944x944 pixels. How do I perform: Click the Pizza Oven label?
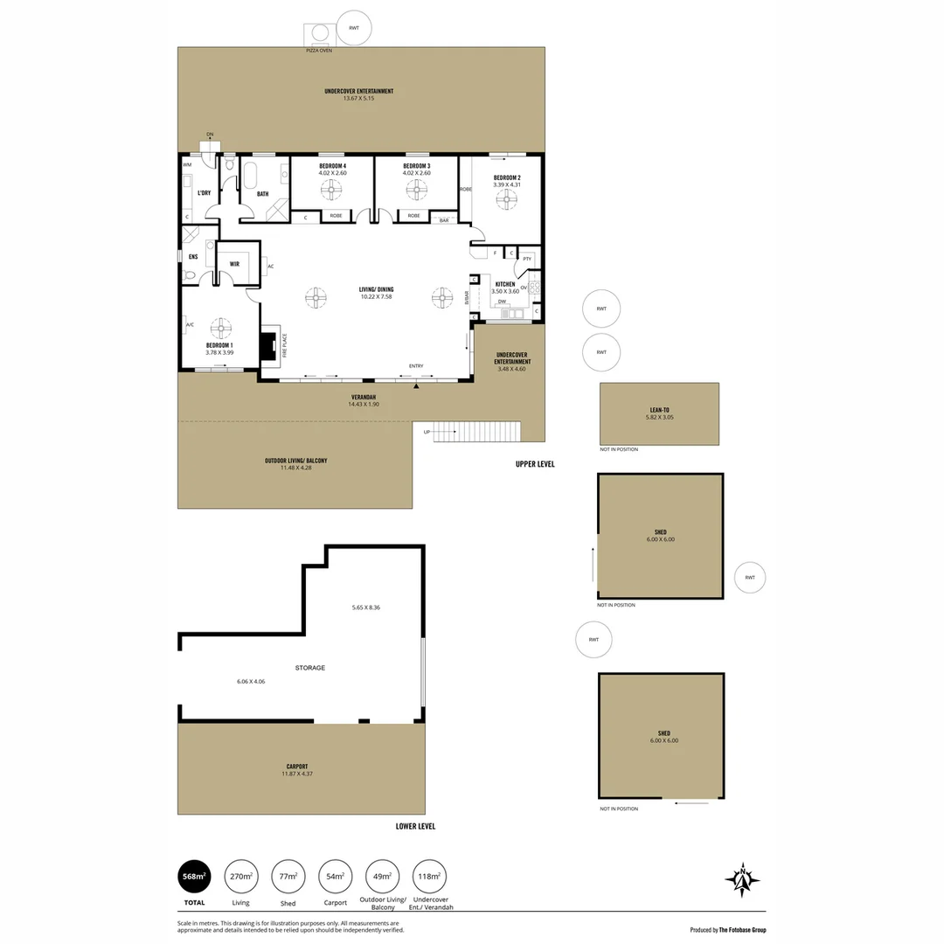pyautogui.click(x=318, y=51)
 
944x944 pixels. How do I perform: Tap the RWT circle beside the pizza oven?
pyautogui.click(x=354, y=28)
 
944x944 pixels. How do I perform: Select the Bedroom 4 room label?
pyautogui.click(x=332, y=166)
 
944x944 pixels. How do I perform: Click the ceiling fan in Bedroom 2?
pyautogui.click(x=506, y=199)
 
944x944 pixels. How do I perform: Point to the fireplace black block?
pyautogui.click(x=269, y=344)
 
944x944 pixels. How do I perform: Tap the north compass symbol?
pyautogui.click(x=742, y=880)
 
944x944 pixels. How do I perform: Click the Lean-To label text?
pyautogui.click(x=660, y=410)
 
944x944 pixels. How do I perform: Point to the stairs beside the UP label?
pyautogui.click(x=477, y=431)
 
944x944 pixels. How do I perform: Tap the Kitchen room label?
pyautogui.click(x=505, y=284)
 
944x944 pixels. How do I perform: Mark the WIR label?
pyautogui.click(x=235, y=263)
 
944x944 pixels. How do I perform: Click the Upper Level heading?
pyautogui.click(x=535, y=464)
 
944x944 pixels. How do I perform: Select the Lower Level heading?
pyautogui.click(x=415, y=826)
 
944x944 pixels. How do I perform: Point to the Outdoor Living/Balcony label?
pyautogui.click(x=296, y=461)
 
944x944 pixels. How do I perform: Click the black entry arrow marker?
pyautogui.click(x=417, y=385)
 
